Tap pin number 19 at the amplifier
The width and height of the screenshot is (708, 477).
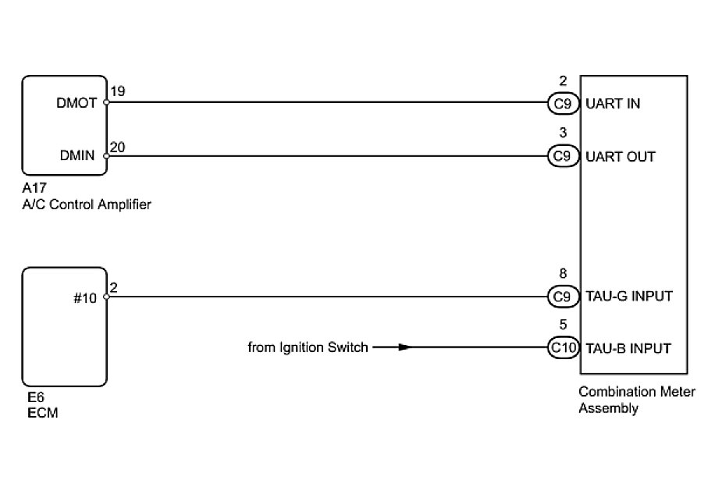[118, 92]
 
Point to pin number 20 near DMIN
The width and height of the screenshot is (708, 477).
[118, 146]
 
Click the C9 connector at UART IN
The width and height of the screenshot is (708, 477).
[562, 103]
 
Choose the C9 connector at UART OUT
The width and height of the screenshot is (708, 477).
[562, 156]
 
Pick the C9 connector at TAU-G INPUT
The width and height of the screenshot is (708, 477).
[562, 297]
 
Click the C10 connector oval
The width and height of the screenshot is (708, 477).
[562, 348]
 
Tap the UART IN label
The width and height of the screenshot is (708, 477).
[613, 103]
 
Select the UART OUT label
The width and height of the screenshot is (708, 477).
[620, 156]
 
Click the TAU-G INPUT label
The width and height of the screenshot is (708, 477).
[628, 297]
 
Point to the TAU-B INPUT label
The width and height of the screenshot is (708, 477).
[628, 348]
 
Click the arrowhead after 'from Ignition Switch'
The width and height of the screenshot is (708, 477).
[403, 348]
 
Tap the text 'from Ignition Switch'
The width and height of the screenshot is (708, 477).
[308, 347]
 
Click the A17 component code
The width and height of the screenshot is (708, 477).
[34, 189]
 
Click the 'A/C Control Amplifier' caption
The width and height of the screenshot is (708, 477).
[87, 205]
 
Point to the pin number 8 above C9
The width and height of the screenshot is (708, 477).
[563, 274]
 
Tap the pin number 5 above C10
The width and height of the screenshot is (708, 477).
[563, 325]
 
